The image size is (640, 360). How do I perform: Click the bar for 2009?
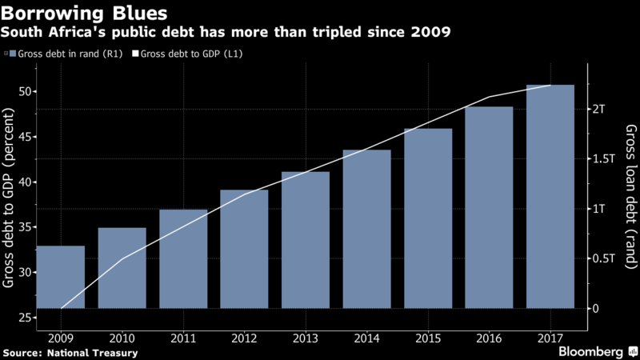(x=61, y=277)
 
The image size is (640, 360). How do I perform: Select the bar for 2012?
(x=244, y=249)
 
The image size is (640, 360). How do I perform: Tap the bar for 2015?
(x=428, y=218)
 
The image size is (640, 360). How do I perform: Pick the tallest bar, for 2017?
(x=550, y=196)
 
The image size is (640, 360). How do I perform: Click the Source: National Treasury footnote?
(x=70, y=352)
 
